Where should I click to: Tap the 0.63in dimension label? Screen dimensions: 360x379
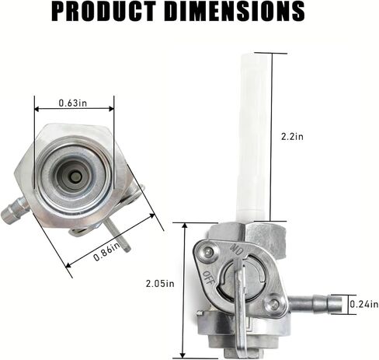click(x=75, y=102)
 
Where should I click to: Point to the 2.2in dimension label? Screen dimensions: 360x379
click(x=293, y=136)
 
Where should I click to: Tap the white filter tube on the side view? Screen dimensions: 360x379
click(x=254, y=132)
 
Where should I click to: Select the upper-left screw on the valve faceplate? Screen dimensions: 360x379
click(x=209, y=250)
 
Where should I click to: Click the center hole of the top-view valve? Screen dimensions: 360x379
click(x=75, y=177)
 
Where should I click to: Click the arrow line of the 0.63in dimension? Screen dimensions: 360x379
click(x=75, y=110)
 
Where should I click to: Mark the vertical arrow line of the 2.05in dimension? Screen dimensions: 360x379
click(x=185, y=288)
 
